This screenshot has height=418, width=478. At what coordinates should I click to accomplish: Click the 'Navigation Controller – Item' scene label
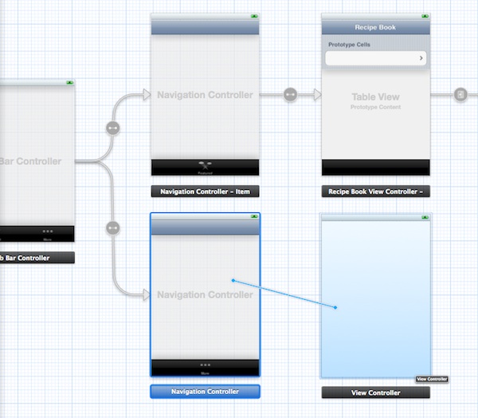(x=205, y=191)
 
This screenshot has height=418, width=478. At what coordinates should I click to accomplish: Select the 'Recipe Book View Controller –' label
(x=375, y=191)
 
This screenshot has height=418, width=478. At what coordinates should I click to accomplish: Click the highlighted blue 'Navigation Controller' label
(x=205, y=392)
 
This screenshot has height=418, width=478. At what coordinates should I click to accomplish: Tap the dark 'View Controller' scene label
(x=375, y=392)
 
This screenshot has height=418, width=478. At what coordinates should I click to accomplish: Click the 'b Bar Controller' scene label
(x=37, y=258)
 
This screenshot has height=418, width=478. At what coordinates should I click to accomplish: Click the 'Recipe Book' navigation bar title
(x=375, y=27)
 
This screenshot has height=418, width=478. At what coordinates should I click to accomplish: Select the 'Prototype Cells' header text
(x=349, y=45)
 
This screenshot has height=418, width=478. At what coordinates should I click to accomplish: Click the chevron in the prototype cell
(x=420, y=58)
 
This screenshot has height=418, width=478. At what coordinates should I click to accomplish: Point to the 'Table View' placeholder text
(x=375, y=97)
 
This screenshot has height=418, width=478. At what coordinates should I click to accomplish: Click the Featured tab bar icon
(x=205, y=164)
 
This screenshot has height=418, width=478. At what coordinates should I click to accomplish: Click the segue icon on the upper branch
(x=112, y=128)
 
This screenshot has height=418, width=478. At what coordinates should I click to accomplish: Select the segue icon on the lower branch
(x=112, y=227)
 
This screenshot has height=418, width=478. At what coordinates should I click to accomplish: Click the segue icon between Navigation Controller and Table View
(x=290, y=95)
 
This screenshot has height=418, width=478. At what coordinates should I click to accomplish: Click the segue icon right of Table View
(x=460, y=95)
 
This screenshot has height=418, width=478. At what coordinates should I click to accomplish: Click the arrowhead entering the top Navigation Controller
(x=146, y=95)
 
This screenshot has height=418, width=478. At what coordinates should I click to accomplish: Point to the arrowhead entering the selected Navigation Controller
(x=146, y=295)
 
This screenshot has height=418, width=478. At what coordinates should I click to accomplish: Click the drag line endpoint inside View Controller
(x=335, y=307)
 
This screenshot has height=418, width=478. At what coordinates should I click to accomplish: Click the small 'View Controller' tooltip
(x=432, y=379)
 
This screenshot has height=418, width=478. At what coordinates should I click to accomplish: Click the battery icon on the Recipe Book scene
(x=424, y=16)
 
